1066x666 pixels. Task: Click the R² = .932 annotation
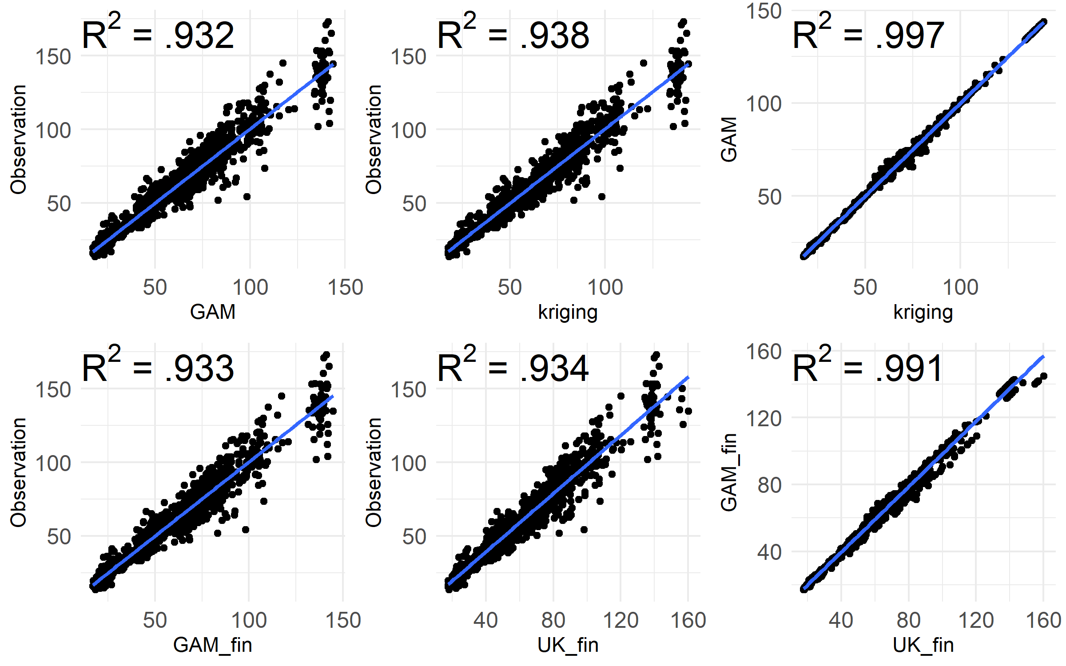tap(158, 35)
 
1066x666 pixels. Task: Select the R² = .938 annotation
tap(513, 35)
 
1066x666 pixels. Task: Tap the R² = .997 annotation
tap(869, 35)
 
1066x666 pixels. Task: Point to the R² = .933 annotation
tap(158, 368)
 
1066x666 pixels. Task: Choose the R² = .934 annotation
tap(513, 368)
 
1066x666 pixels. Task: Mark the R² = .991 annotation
tap(868, 368)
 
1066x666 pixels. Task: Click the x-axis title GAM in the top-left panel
tap(213, 312)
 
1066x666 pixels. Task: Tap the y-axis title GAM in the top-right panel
tap(729, 139)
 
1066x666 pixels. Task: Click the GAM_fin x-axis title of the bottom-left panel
tap(213, 645)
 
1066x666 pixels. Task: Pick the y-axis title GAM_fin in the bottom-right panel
tap(729, 472)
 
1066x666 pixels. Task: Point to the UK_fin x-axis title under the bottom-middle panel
tap(568, 645)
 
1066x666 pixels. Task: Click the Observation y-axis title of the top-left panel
tap(19, 139)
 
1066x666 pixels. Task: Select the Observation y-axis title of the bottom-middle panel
tap(374, 472)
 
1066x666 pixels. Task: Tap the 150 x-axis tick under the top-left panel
tap(345, 287)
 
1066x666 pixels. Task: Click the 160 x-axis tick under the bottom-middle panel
tap(688, 620)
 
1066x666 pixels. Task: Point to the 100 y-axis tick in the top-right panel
tap(763, 104)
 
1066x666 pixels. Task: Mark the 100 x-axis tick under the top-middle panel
tap(605, 287)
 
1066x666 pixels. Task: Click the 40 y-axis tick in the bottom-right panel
tap(769, 552)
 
